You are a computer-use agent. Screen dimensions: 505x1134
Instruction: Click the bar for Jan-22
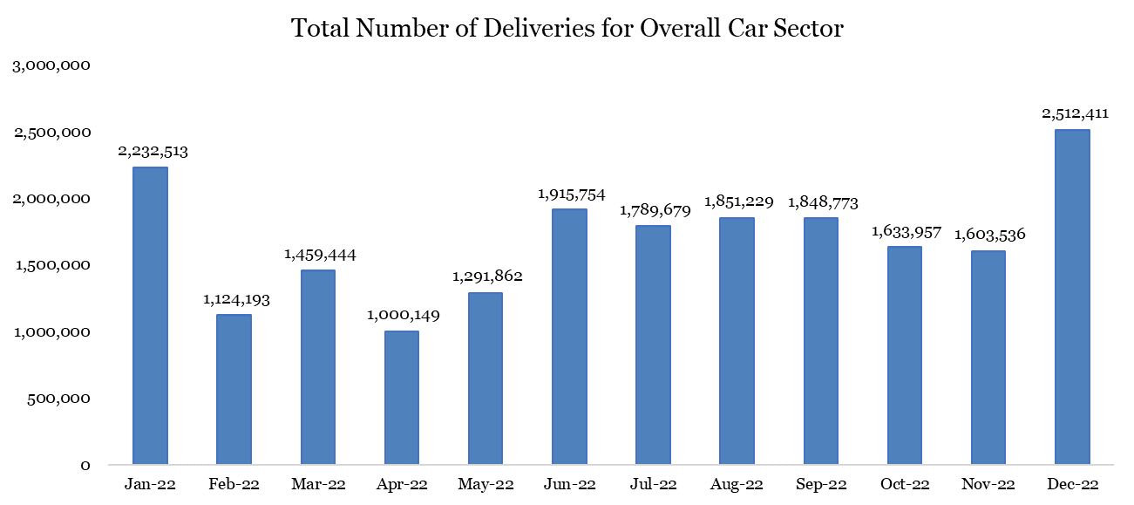(150, 316)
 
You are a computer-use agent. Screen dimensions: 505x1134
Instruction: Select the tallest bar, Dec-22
(1072, 297)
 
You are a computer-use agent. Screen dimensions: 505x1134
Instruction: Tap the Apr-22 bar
(401, 398)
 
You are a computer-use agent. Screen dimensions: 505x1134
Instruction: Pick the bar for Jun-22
(569, 337)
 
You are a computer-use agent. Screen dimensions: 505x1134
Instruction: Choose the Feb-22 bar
(234, 389)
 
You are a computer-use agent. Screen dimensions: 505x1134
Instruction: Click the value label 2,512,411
(1072, 113)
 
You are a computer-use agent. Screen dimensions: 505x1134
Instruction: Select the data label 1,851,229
(737, 201)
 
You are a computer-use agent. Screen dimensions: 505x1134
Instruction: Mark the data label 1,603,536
(988, 235)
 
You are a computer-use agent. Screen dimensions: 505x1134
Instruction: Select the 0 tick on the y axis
(85, 465)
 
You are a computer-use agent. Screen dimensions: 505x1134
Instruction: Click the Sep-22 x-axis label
(820, 484)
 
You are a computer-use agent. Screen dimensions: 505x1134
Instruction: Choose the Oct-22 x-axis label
(904, 484)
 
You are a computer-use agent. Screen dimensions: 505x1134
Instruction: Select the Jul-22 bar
(653, 345)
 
